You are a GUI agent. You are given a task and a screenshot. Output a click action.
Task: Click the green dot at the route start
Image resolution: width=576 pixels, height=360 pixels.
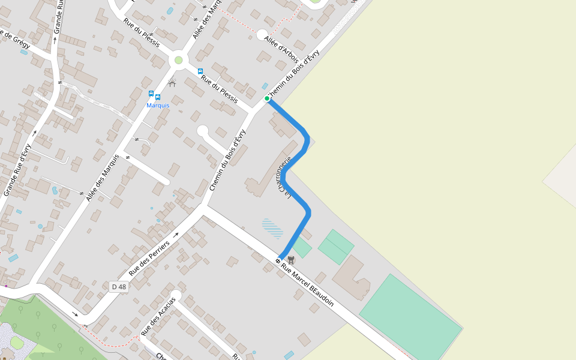pos(267,98)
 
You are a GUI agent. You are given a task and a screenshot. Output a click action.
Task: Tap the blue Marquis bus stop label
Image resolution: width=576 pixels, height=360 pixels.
pos(158,106)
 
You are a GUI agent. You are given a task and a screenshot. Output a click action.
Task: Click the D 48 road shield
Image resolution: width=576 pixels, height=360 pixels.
pos(119,287)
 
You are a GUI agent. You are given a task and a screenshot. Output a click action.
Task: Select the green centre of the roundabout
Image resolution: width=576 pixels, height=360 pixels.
pos(178,60)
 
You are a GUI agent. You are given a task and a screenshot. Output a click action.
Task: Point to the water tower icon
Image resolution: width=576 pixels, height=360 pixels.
pos(291,260)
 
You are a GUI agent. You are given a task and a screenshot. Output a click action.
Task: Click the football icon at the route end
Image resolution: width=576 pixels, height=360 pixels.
pos(278,261)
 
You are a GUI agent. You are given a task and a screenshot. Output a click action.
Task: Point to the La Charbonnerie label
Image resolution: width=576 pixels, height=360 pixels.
pos(283,178)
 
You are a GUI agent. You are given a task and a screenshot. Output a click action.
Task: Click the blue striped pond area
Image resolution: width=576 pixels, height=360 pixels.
pos(272,228)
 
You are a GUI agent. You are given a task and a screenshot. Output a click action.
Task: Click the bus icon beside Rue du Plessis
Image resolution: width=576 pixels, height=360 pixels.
pos(200,71)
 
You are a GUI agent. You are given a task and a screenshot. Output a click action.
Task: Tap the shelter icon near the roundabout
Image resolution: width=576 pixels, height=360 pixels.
pos(172,83)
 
